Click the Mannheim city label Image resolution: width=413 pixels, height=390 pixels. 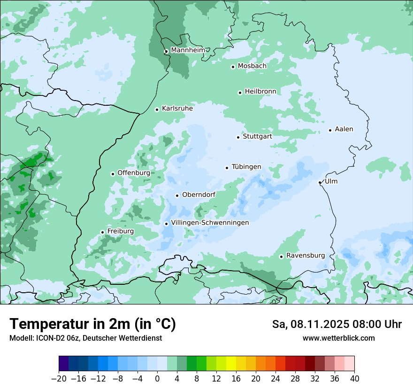point(187,50)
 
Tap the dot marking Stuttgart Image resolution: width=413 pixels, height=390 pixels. point(238,137)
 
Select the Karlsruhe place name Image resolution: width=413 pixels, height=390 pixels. point(177,109)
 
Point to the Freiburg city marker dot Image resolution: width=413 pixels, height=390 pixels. point(102,232)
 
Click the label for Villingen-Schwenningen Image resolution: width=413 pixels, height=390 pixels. point(210,223)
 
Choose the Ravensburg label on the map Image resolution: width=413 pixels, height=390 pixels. point(305,256)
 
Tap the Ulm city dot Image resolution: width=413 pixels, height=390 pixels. point(320,182)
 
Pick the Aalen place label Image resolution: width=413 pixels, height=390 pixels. point(344,129)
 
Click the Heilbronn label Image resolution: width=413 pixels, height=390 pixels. point(260,91)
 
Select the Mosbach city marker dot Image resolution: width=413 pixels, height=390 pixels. point(233,67)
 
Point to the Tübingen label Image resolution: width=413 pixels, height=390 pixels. point(246,167)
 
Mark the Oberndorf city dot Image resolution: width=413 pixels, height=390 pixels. point(177,195)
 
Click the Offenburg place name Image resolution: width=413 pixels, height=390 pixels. point(134,173)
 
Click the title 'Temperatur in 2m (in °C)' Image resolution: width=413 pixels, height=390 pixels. point(93,324)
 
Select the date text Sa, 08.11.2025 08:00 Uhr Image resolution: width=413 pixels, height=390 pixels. point(337,325)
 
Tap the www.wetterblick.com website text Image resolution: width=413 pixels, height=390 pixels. point(338,338)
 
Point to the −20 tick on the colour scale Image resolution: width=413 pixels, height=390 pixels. point(59,379)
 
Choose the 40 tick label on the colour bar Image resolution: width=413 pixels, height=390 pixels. point(354,379)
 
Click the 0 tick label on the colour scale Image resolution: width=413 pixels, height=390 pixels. point(157,379)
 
